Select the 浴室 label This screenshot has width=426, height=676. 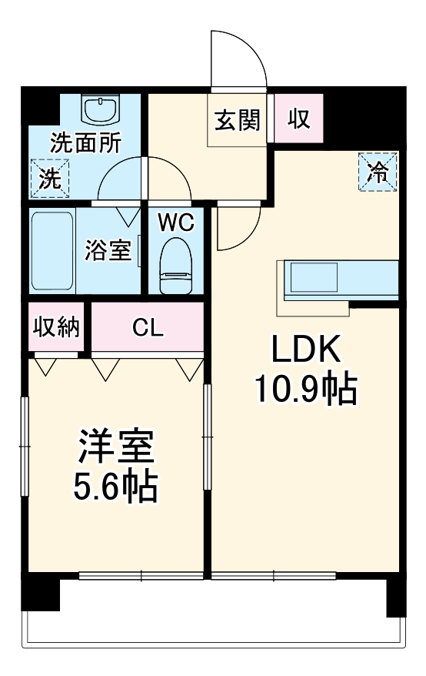[109, 250]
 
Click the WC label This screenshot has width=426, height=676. [176, 223]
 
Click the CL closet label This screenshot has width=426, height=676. [147, 328]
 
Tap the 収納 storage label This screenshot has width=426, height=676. [56, 328]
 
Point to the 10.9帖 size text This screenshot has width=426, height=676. [305, 391]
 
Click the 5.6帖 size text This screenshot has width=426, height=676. [115, 487]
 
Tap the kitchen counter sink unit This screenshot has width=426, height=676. [311, 280]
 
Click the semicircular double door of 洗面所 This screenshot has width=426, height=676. [145, 180]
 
